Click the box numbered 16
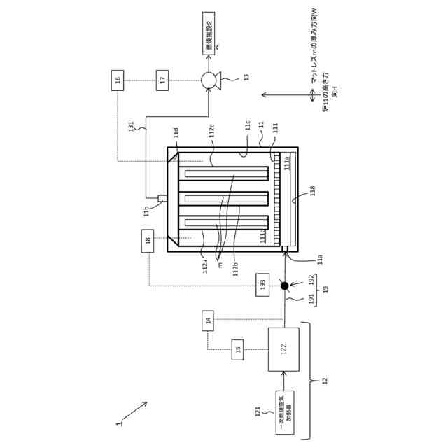click(118, 80)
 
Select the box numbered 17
click(162, 80)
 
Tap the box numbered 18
click(148, 241)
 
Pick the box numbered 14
click(208, 321)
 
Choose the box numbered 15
click(238, 349)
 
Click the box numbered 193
click(262, 284)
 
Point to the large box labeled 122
click(283, 349)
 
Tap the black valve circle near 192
click(284, 286)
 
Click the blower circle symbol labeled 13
click(209, 80)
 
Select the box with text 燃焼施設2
click(209, 32)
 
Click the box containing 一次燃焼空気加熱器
click(284, 412)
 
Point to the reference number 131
click(130, 127)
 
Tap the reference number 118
click(312, 190)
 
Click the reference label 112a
click(205, 266)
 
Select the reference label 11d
click(176, 133)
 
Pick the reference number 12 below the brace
click(323, 381)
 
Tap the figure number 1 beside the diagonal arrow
click(119, 423)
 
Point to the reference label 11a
click(319, 259)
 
